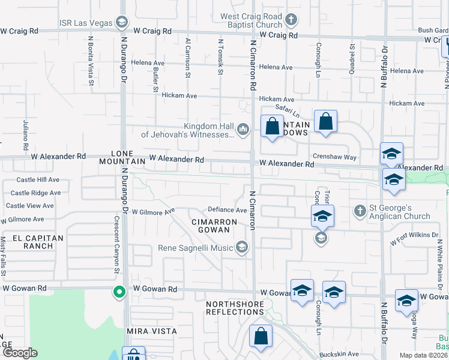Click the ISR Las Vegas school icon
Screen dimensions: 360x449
pyautogui.click(x=122, y=23)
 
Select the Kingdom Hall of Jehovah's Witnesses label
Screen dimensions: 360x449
pyautogui.click(x=187, y=130)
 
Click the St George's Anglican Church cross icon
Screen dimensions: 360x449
pyautogui.click(x=360, y=211)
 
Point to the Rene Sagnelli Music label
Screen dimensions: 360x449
pyautogui.click(x=196, y=248)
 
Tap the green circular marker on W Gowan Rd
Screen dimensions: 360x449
pyautogui.click(x=119, y=292)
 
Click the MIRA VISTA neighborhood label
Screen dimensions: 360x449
pyautogui.click(x=152, y=331)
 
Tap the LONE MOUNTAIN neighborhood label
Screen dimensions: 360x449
pyautogui.click(x=128, y=157)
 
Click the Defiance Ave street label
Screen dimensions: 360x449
pyautogui.click(x=228, y=210)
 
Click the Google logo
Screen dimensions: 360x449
pyautogui.click(x=20, y=353)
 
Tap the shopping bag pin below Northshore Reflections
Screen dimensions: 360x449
pyautogui.click(x=261, y=337)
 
